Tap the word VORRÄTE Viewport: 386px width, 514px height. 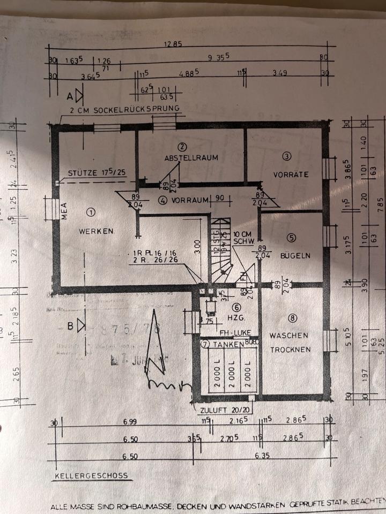291,174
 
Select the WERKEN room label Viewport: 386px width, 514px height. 96,231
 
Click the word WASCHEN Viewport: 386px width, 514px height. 289,336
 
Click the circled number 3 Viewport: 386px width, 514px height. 287,156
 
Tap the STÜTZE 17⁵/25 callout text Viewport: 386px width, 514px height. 96,173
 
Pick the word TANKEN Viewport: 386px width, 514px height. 226,345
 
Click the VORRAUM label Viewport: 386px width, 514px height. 189,201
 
